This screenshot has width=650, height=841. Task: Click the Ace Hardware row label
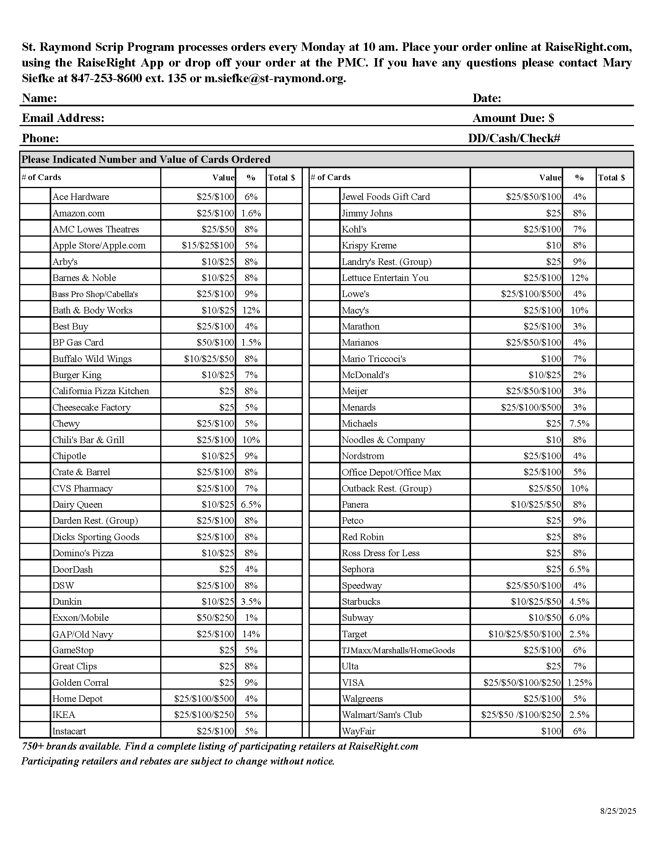coord(80,197)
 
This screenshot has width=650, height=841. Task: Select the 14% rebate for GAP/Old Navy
coord(251,634)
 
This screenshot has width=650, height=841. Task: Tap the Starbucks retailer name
coord(361,601)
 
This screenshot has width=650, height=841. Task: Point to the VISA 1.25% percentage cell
coord(579,683)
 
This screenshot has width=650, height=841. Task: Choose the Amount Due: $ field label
coord(513,118)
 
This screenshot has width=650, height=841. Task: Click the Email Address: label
coord(63,118)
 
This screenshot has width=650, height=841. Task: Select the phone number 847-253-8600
coord(106,78)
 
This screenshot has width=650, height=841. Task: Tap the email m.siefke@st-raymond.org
coord(275,78)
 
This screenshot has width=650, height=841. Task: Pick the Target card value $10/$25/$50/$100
coord(525,634)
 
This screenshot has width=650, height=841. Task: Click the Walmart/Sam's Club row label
coord(382,715)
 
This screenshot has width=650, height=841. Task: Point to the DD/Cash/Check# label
coord(513,138)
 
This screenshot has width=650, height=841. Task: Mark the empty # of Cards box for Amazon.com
coord(35,213)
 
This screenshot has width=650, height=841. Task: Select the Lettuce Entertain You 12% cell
coord(579,278)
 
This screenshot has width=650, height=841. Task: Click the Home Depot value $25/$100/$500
coord(204,699)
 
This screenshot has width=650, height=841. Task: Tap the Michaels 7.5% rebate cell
coord(579,424)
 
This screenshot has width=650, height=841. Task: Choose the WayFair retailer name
coord(358,731)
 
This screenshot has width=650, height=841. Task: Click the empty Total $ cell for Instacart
coord(284,731)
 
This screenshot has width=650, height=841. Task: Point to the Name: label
coord(39,98)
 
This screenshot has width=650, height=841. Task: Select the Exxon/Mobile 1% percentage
coord(251,618)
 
